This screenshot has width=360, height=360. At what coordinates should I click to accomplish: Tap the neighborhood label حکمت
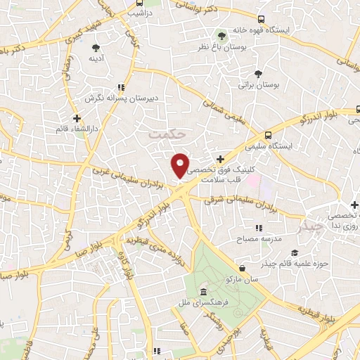[169, 131]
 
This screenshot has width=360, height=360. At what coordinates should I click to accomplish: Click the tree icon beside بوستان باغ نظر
[221, 33]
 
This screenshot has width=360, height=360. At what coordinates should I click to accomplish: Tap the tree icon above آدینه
[96, 48]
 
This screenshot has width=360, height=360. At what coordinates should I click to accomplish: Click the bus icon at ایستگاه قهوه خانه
[262, 19]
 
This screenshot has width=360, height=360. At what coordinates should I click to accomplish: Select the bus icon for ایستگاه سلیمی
[268, 135]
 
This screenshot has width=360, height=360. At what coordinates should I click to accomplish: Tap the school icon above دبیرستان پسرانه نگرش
[122, 87]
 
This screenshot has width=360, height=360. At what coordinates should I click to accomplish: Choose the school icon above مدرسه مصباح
[258, 228]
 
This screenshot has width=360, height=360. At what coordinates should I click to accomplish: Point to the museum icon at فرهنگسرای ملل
[203, 292]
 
